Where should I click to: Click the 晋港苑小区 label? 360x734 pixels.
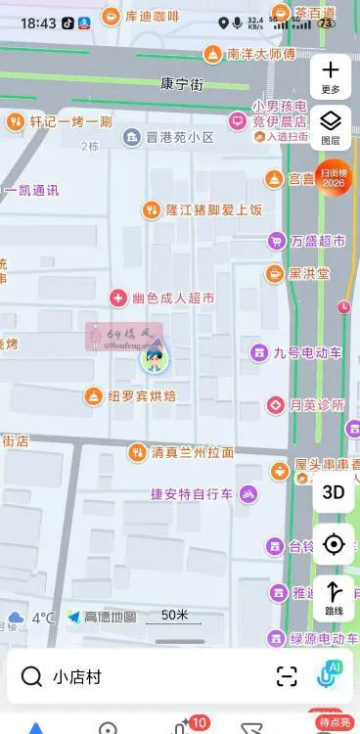(180, 137)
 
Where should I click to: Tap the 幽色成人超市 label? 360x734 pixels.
(173, 298)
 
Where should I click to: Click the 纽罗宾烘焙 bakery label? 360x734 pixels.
(142, 395)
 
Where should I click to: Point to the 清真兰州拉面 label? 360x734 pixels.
(192, 452)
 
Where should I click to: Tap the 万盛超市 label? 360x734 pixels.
(318, 241)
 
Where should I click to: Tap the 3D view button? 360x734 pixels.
(333, 492)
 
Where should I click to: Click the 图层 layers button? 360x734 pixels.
(331, 126)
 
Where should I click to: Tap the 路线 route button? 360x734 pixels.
(333, 596)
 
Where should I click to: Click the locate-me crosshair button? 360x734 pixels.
(333, 544)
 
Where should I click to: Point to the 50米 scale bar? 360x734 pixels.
(174, 617)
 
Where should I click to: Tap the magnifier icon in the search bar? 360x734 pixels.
(31, 676)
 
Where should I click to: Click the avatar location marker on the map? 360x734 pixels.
(154, 360)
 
